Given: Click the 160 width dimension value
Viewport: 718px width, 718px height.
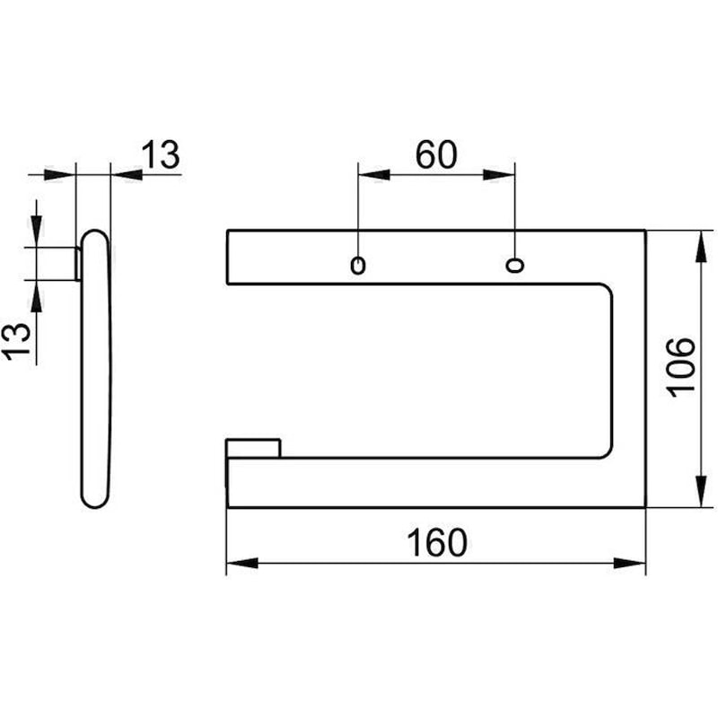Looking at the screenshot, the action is (x=437, y=543).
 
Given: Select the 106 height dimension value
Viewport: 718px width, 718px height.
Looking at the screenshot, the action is (x=680, y=367).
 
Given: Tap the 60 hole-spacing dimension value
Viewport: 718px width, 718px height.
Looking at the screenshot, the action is (x=436, y=154).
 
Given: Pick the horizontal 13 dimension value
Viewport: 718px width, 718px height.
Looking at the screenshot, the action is (x=161, y=154).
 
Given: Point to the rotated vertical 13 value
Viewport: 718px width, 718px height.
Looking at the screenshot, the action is (x=17, y=341).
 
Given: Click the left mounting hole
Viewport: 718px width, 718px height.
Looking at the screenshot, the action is (x=357, y=266).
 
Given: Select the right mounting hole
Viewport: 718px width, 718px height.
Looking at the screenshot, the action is (x=514, y=265).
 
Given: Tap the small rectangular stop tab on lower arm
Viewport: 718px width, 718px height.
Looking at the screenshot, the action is (x=253, y=448).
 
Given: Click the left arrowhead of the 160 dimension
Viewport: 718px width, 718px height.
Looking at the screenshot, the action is (x=242, y=563).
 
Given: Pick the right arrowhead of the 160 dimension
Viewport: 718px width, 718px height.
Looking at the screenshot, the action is (x=630, y=563).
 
